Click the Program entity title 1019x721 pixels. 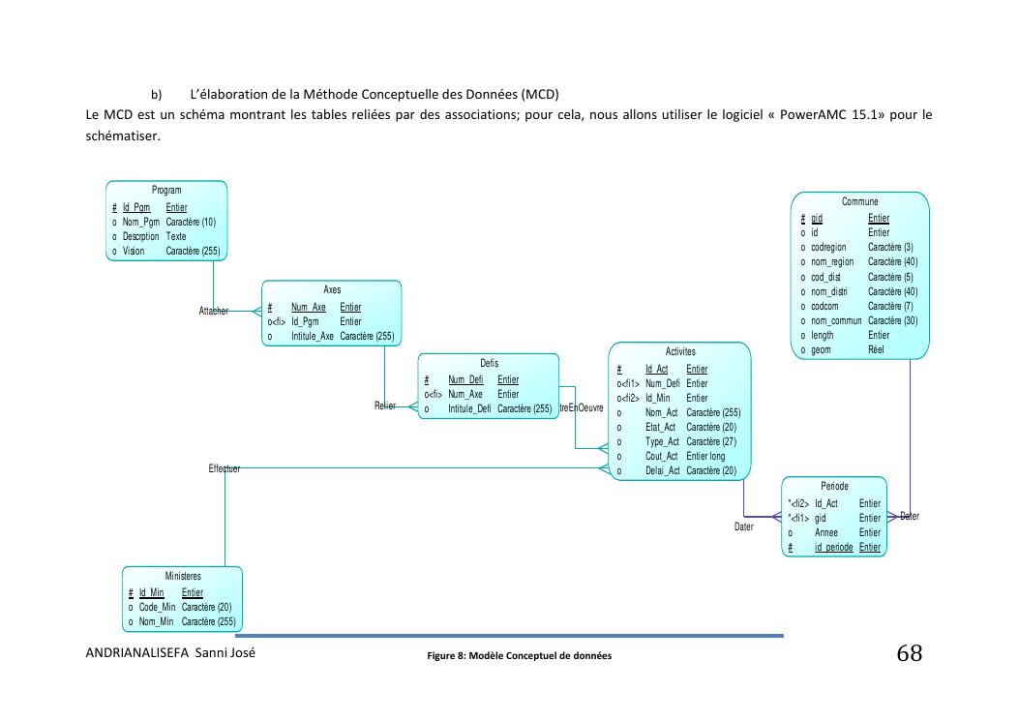coord(166,191)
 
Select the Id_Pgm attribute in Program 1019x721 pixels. coord(136,207)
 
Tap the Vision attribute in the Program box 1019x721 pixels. coord(134,251)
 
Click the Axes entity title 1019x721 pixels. coord(332,289)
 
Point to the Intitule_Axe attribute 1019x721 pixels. coord(314,336)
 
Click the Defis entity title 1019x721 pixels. coord(489,363)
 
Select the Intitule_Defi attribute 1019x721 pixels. coord(469,408)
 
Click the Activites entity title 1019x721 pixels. coord(679,351)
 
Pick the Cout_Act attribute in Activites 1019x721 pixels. coord(662,456)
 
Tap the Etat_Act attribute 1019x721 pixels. coord(661,427)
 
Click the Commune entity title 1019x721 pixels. coord(859,201)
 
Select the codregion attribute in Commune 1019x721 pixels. coord(828,247)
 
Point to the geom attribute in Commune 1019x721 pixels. coord(822,349)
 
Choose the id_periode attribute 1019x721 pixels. coord(833,547)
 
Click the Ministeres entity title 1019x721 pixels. coord(182,576)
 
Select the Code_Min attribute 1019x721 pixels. coord(158,607)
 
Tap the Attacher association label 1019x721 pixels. coord(213,311)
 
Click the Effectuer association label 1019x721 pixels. coord(224,468)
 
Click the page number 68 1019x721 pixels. coord(909,654)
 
